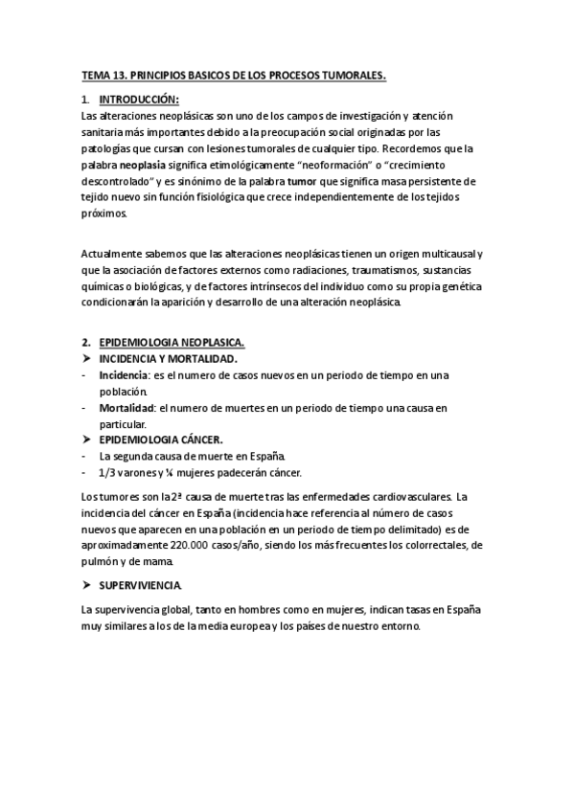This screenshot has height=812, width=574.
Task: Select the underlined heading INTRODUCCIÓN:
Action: pos(140,100)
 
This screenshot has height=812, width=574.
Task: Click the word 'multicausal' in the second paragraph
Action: pos(442,254)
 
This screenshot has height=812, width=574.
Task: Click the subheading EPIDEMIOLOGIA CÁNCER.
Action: pos(161,440)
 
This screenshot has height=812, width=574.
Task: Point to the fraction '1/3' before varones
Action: pos(107,473)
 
